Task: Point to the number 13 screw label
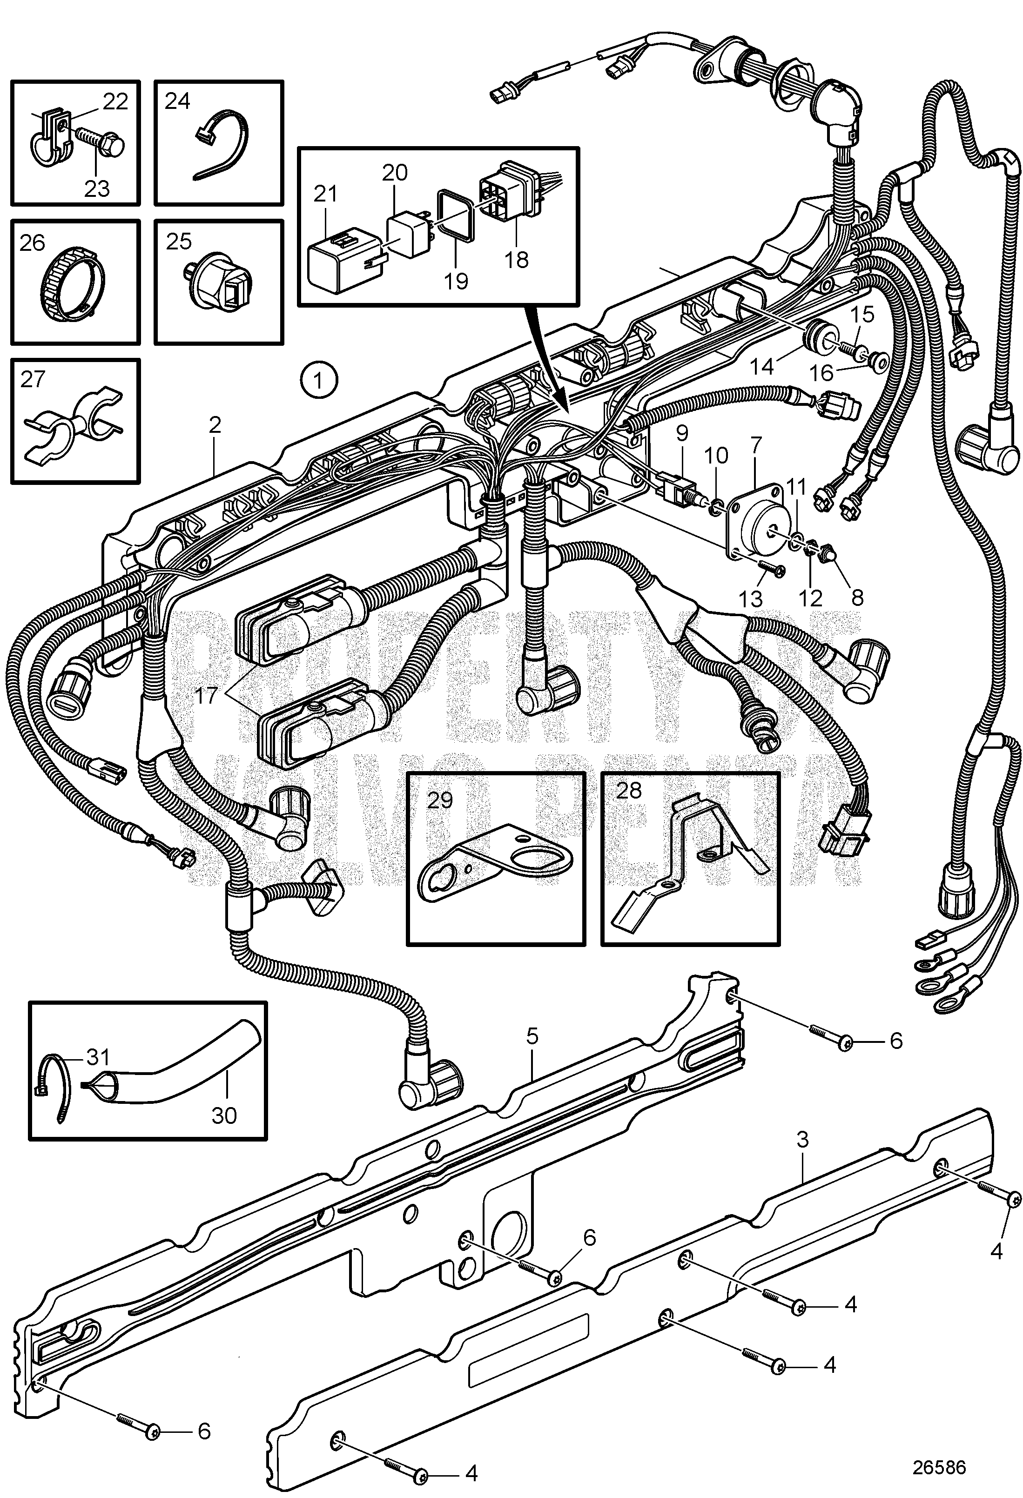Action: click(750, 599)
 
